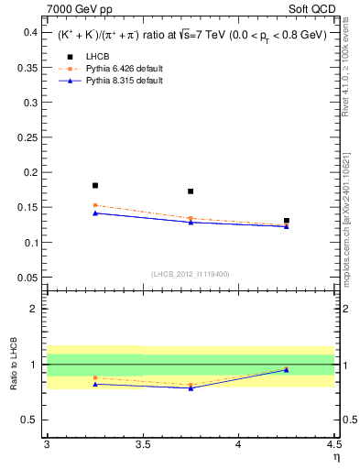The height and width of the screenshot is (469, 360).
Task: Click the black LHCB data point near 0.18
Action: (95, 185)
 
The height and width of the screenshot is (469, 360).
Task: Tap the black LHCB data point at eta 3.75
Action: (191, 191)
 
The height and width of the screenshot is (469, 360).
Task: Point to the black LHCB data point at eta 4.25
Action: (287, 221)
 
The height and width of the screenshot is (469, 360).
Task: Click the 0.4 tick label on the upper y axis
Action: (31, 32)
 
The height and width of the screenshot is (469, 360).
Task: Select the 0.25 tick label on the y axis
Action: (28, 137)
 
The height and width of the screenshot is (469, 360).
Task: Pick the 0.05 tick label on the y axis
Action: (28, 278)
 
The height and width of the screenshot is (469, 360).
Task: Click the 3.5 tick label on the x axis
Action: (143, 446)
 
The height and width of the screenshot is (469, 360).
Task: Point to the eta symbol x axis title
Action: (334, 457)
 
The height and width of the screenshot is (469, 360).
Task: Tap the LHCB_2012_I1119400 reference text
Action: (191, 274)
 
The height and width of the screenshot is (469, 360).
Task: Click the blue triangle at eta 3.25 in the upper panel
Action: (95, 213)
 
